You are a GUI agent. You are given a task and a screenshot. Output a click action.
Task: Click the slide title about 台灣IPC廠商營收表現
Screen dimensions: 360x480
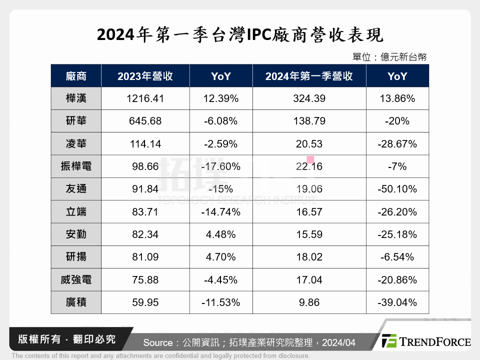point(239,35)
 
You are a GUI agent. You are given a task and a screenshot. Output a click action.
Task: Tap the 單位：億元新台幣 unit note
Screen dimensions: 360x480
point(389,57)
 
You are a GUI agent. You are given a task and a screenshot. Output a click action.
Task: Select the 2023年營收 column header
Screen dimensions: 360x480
point(145,76)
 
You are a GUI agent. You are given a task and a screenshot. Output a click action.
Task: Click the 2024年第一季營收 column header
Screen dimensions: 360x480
point(309,76)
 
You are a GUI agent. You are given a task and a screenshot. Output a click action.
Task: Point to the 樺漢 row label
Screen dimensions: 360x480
point(76,98)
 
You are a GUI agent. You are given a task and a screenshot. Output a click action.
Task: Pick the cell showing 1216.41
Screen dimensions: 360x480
point(145,98)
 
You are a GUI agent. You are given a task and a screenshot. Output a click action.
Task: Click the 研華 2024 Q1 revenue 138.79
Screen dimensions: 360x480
point(309,121)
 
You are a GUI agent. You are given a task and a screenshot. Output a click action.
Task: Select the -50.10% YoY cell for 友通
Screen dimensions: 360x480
point(397,189)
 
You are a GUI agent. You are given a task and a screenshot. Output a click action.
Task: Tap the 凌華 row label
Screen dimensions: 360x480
point(76,144)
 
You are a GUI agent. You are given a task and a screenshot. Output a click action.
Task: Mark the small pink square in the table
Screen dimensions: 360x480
point(310,160)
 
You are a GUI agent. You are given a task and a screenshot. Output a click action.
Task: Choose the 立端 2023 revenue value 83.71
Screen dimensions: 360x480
point(145,211)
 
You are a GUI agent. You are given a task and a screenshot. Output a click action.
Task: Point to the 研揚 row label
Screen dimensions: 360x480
point(76,257)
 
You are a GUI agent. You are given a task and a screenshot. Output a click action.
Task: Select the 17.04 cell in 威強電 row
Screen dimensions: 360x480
point(309,279)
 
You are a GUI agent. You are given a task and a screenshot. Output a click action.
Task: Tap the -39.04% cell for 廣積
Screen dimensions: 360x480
point(397,302)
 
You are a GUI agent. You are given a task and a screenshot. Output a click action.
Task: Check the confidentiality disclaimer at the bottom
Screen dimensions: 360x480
point(160,356)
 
